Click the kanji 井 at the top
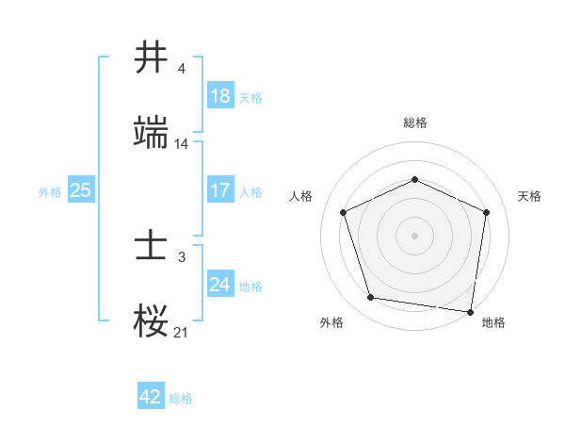point(152,57)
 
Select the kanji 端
point(152,133)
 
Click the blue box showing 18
point(219,96)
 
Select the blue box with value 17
point(219,190)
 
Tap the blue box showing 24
point(219,285)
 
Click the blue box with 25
point(80,190)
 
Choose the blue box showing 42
point(151,397)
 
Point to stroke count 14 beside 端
point(182,144)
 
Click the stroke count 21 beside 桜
point(182,333)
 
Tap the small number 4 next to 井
point(182,69)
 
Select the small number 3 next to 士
point(182,257)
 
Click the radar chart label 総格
point(415,123)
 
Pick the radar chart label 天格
point(529,196)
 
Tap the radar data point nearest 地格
point(470,311)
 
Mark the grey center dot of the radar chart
point(415,235)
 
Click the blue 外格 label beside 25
point(50,191)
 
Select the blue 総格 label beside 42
point(181,398)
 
